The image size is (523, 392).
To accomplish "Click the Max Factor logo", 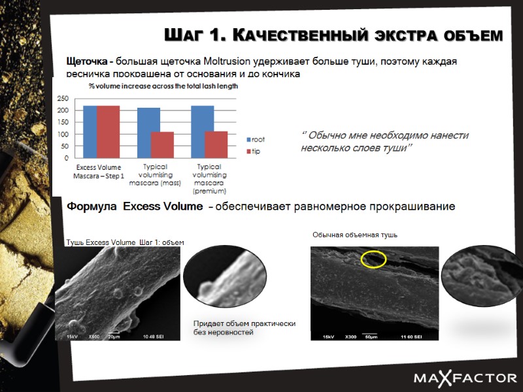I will pos(465,378).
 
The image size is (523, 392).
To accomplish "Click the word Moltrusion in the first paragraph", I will pos(240,61).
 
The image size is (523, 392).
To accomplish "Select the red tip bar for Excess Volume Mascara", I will pos(109,132).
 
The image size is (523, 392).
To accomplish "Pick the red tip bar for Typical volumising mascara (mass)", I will pos(162,144).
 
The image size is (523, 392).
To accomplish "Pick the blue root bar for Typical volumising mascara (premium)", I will pos(202,132).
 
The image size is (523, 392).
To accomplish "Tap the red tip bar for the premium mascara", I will pos(216,144).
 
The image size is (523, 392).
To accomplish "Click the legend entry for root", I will pos(255,140).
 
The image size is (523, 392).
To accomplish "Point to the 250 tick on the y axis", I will pos(63,99).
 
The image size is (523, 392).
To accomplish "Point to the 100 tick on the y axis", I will pos(63,135).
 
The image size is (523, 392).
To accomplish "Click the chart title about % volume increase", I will pos(163,86).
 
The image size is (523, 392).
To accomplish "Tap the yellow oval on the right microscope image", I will pos(373,259).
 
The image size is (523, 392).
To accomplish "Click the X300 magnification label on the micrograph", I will pos(350,336).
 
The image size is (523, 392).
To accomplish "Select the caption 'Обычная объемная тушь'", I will pos(354,235).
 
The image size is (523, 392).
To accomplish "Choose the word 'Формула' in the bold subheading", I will pos(92,207).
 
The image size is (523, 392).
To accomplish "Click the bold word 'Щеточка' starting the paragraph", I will pos(88,61).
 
